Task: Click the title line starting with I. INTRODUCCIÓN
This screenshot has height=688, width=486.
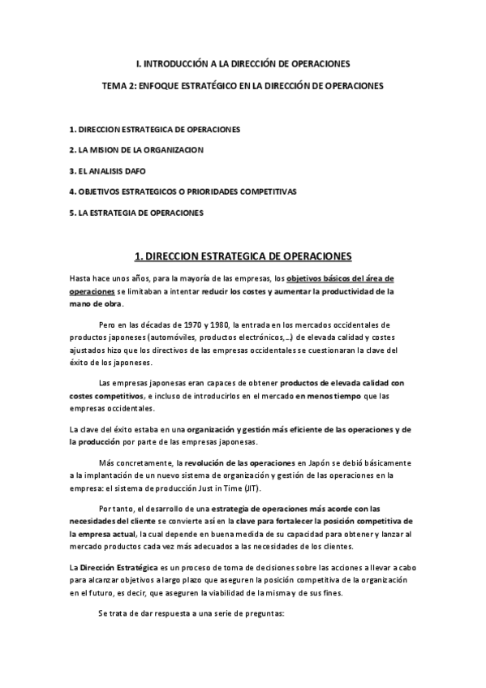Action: (243, 63)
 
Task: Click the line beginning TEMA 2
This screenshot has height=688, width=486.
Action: (243, 84)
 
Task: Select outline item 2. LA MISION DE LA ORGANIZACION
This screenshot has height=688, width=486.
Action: (136, 150)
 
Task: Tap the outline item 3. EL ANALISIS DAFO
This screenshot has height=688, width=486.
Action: (108, 171)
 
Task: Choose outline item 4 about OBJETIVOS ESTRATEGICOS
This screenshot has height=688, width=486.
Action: (183, 192)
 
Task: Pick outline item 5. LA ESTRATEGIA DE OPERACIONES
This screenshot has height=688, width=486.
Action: (136, 213)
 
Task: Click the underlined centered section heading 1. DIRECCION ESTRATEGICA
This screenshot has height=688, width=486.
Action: (243, 256)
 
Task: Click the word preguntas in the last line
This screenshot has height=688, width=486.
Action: (261, 613)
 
